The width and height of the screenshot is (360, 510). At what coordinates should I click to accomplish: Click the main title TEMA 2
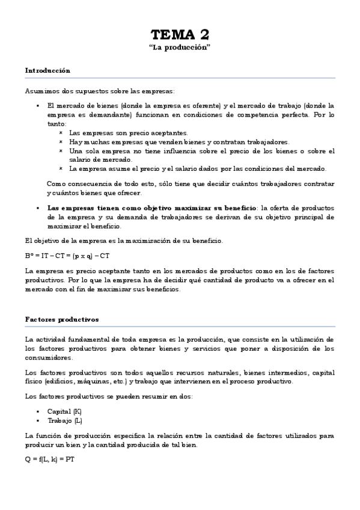click(x=180, y=34)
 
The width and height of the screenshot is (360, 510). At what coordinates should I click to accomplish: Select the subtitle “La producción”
click(x=180, y=48)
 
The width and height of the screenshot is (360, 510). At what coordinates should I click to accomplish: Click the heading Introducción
click(x=47, y=70)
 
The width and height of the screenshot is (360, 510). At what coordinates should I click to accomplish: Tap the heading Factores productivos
click(x=62, y=319)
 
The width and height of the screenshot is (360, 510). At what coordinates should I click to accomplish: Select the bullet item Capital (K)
click(x=59, y=411)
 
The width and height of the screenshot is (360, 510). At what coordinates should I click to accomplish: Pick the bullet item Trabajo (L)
click(x=60, y=420)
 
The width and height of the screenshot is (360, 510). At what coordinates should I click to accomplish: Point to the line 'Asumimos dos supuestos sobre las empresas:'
click(x=100, y=91)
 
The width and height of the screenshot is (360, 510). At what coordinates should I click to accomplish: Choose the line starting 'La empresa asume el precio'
click(x=197, y=168)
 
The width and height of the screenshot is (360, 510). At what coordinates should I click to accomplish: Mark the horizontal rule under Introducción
click(x=180, y=78)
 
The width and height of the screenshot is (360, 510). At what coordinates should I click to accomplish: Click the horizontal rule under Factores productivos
click(x=180, y=327)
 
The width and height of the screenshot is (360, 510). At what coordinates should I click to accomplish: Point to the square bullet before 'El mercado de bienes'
click(x=37, y=105)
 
